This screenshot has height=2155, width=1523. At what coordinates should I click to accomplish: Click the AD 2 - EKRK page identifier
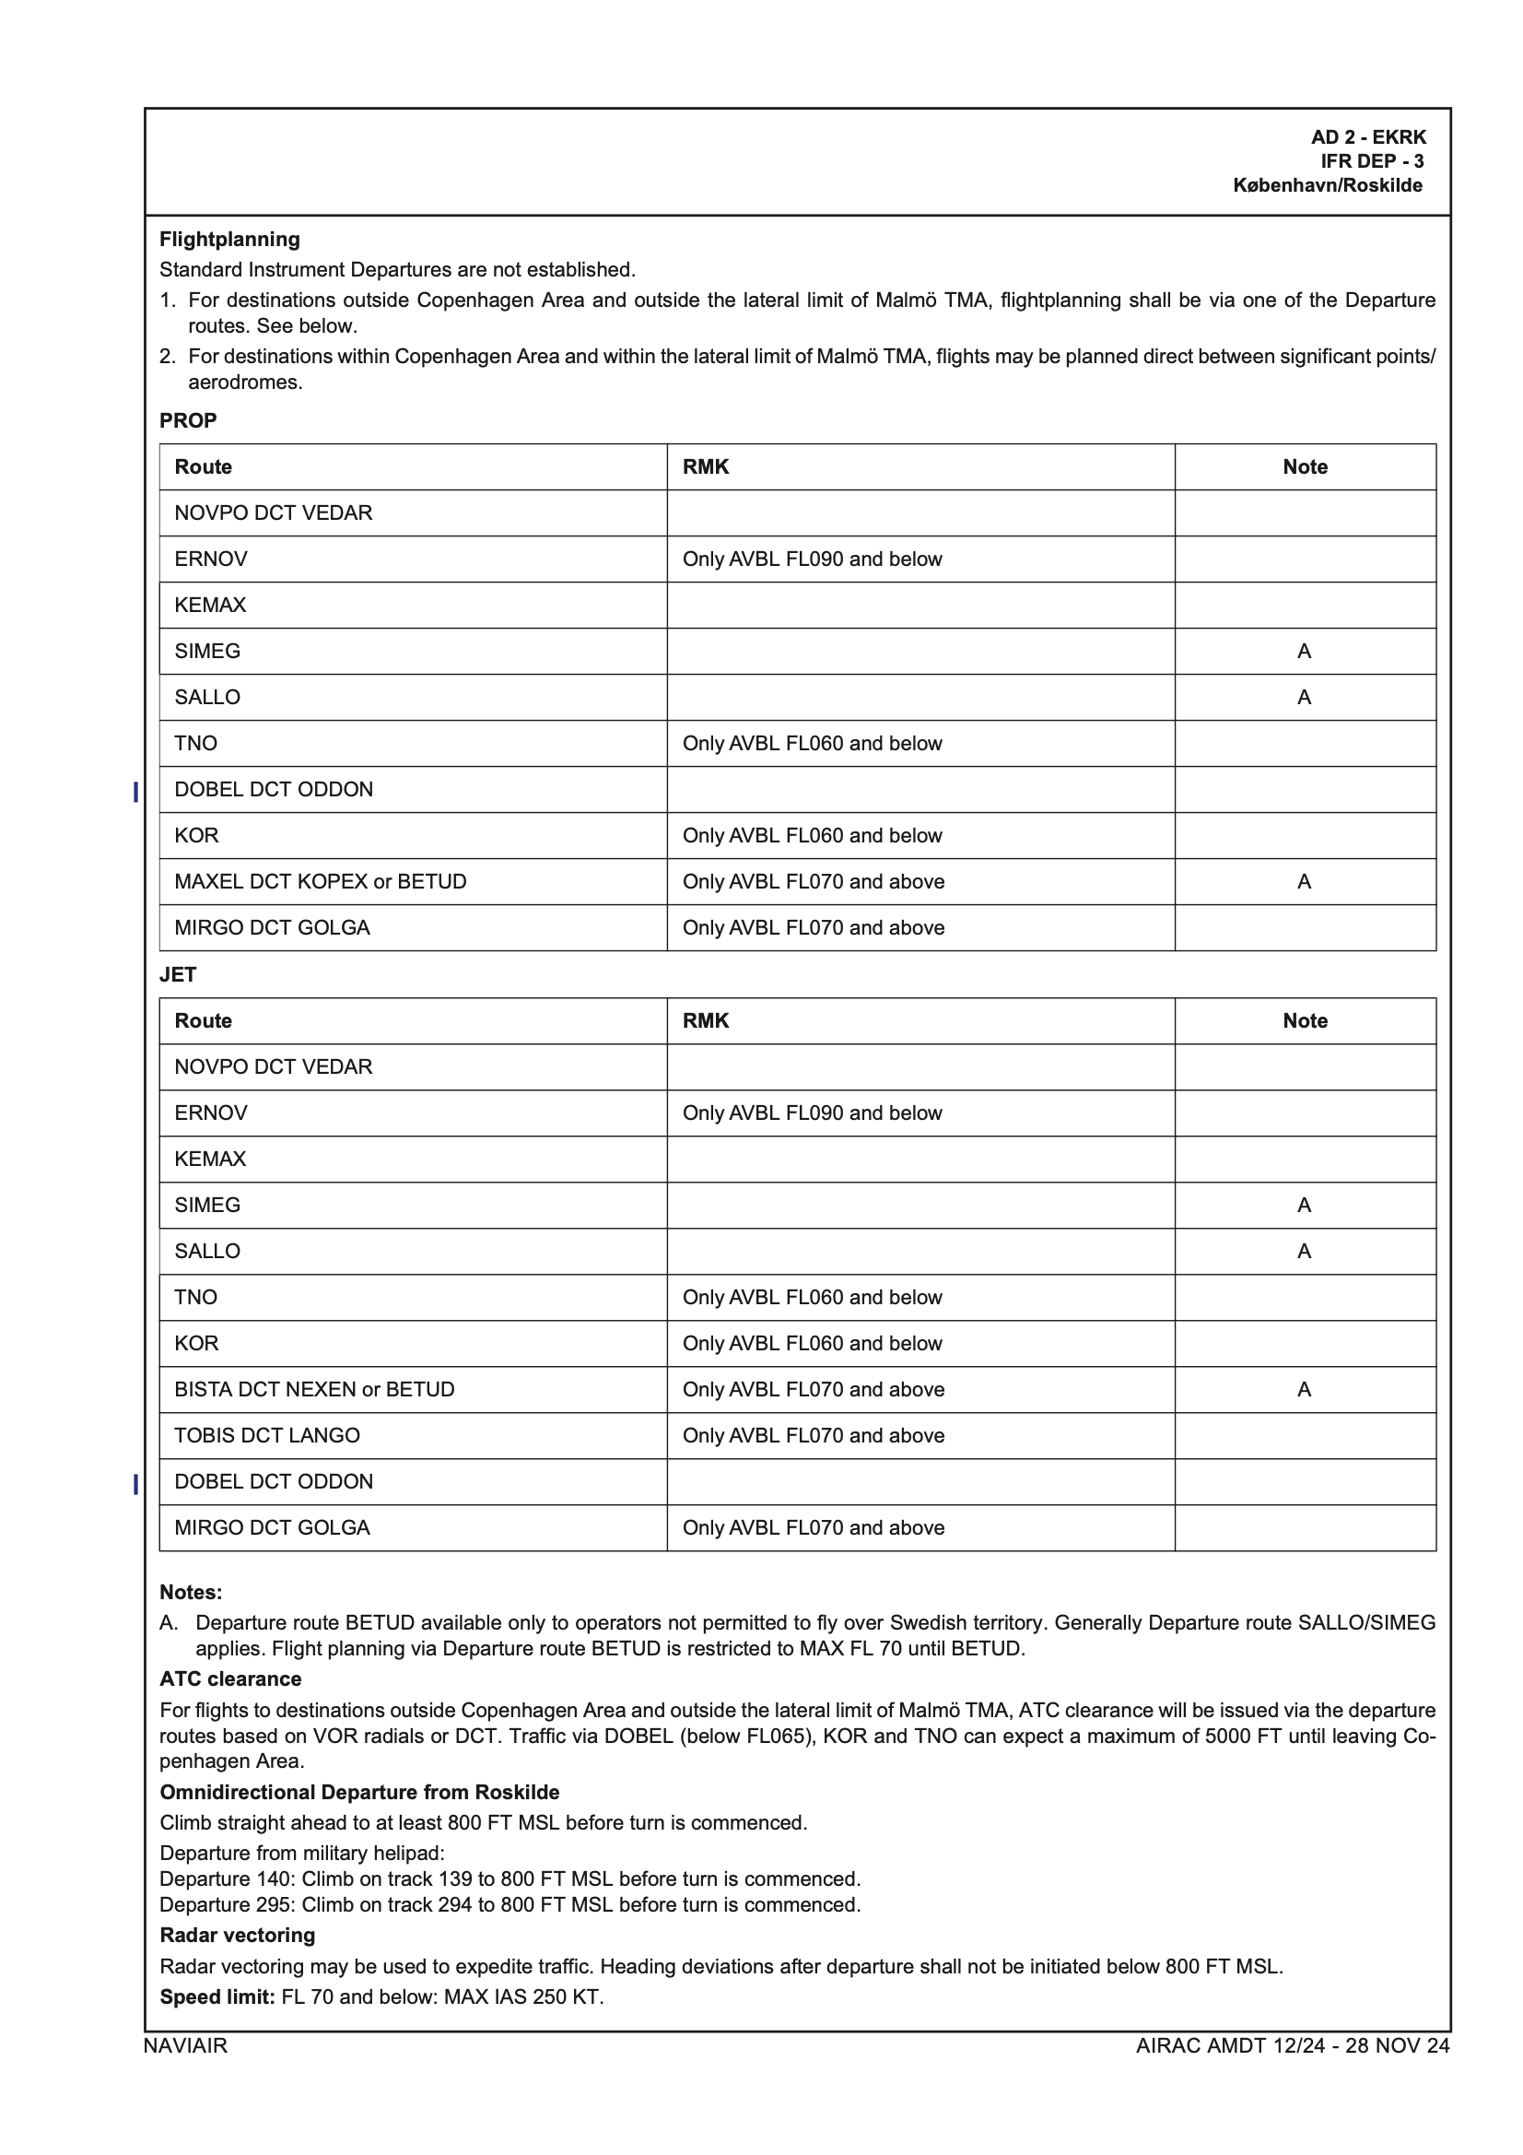pyautogui.click(x=1367, y=137)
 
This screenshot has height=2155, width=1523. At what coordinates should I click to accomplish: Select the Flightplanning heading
pyautogui.click(x=230, y=240)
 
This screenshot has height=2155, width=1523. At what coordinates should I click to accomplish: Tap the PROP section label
pyautogui.click(x=188, y=420)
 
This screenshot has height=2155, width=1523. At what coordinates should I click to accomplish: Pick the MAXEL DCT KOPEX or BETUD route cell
pyautogui.click(x=320, y=881)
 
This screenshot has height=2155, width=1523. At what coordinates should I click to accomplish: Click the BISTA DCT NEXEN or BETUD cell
pyautogui.click(x=314, y=1389)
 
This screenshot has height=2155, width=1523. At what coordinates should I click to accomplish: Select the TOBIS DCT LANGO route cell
pyautogui.click(x=267, y=1435)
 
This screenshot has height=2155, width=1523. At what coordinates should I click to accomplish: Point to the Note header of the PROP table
pyautogui.click(x=1305, y=466)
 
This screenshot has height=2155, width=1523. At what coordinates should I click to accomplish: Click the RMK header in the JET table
pyautogui.click(x=706, y=1020)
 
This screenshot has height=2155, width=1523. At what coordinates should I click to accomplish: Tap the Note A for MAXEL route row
pyautogui.click(x=1305, y=881)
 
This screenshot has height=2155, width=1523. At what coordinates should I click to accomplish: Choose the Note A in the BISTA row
pyautogui.click(x=1305, y=1389)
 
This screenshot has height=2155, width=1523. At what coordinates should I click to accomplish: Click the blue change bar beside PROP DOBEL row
pyautogui.click(x=136, y=792)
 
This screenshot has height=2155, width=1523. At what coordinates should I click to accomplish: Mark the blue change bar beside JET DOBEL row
pyautogui.click(x=136, y=1484)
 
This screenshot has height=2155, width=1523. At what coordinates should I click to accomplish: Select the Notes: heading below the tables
pyautogui.click(x=191, y=1592)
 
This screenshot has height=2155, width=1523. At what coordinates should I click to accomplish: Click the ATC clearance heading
pyautogui.click(x=231, y=1679)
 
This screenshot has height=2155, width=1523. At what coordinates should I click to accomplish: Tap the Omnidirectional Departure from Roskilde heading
pyautogui.click(x=359, y=1792)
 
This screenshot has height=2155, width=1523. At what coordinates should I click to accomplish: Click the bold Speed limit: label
pyautogui.click(x=217, y=1996)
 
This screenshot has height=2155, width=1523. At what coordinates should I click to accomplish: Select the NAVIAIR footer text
pyautogui.click(x=185, y=2045)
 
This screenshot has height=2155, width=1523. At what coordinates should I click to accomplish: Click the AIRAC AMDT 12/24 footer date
pyautogui.click(x=1292, y=2045)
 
